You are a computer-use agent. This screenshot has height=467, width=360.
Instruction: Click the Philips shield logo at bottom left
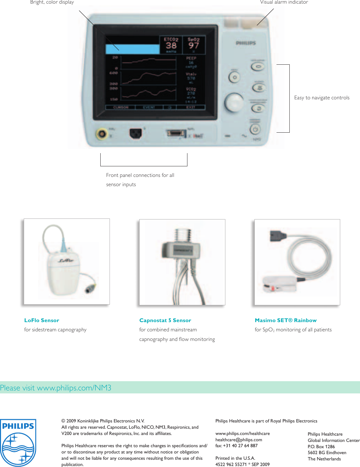pos(18,443)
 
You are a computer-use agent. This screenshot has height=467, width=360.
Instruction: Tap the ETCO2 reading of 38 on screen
pos(171,46)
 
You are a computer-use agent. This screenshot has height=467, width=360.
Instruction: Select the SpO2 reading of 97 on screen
pos(194,46)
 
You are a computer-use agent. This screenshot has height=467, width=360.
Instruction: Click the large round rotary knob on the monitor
pos(234,102)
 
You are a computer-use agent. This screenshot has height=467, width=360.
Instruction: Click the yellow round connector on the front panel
pos(102,134)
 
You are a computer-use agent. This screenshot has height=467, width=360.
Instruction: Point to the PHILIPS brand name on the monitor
pos(245,43)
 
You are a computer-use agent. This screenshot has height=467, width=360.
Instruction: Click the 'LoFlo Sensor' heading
pos(42,320)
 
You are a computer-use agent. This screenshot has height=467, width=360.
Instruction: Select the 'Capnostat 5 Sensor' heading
pos(165,320)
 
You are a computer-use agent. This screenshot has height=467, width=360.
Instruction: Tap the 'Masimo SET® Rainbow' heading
pos(285,320)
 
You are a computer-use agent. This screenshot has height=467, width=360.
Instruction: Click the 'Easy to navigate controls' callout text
pos(322,98)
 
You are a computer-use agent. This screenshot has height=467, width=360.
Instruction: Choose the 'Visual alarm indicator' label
pos(284,2)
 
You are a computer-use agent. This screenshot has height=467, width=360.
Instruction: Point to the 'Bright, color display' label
pos(52,2)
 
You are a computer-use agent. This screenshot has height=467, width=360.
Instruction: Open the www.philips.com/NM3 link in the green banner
pos(74,388)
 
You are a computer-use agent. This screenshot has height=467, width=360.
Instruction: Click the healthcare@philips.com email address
pos(239,440)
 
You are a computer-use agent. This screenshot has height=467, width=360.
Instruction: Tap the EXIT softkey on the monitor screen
pos(191,107)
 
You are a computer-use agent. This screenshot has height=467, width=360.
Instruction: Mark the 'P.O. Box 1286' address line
pos(321,447)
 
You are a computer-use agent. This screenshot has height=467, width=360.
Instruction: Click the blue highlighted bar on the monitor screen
pos(132,49)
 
